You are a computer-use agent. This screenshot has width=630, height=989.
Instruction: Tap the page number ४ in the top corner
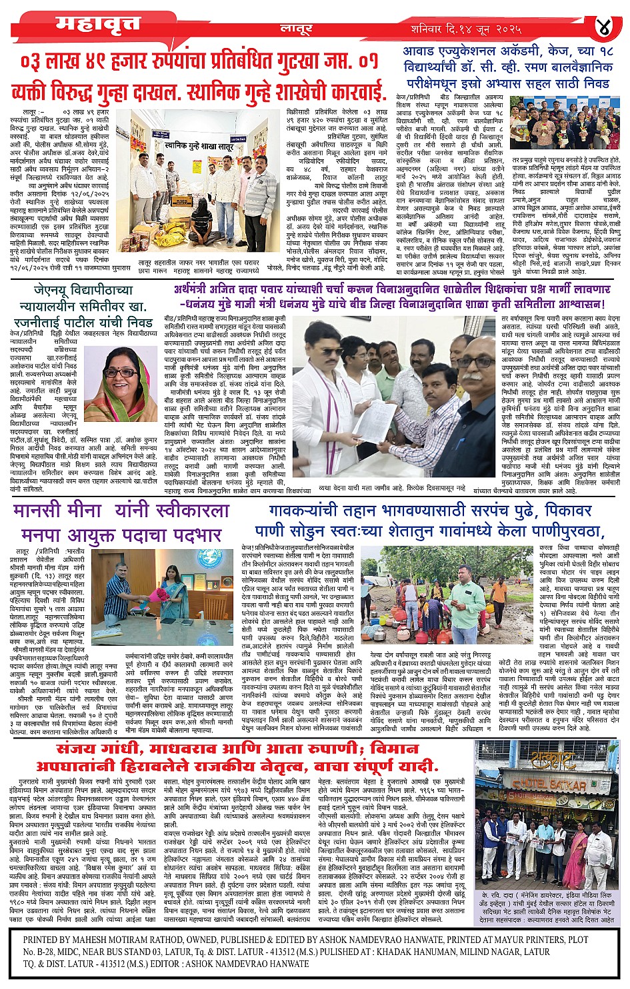[603, 28]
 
